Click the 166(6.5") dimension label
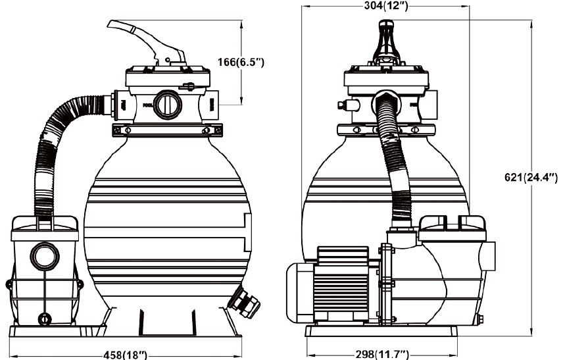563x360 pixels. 241,63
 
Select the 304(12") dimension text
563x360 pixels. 386,7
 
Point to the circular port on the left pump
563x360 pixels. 45,255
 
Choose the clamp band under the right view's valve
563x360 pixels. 386,130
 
